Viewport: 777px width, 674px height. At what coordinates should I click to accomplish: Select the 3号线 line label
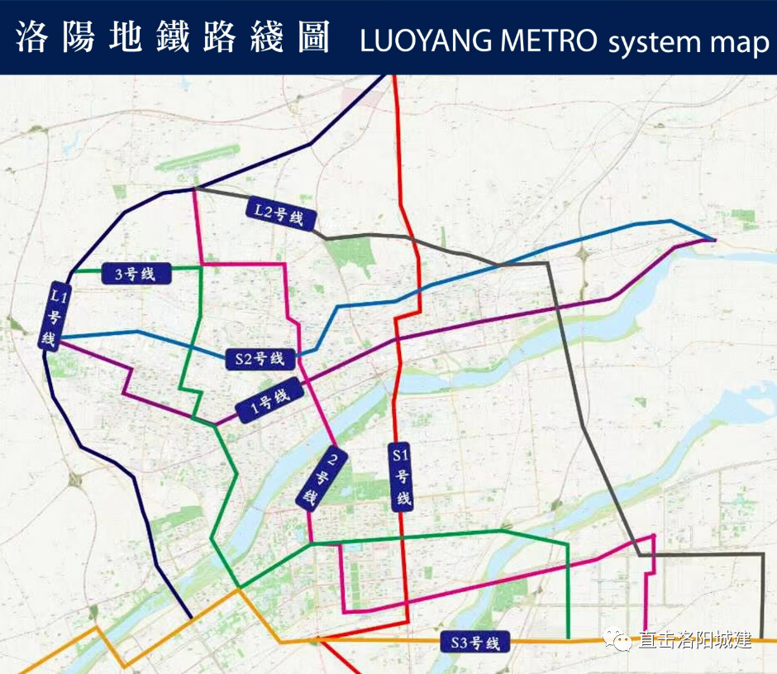[x=136, y=274]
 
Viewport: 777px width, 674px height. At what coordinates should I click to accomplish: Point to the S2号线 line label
[x=260, y=358]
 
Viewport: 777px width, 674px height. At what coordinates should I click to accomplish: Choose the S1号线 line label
[x=401, y=476]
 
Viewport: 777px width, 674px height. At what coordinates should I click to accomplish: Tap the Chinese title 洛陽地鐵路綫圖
[x=173, y=38]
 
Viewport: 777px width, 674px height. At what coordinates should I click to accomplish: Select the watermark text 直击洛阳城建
[x=694, y=639]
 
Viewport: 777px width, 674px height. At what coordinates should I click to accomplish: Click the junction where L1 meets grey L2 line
[x=194, y=189]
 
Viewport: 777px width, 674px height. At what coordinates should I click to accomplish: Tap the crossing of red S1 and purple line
[x=397, y=339]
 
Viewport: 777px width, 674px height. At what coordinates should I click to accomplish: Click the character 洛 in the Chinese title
[x=33, y=38]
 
